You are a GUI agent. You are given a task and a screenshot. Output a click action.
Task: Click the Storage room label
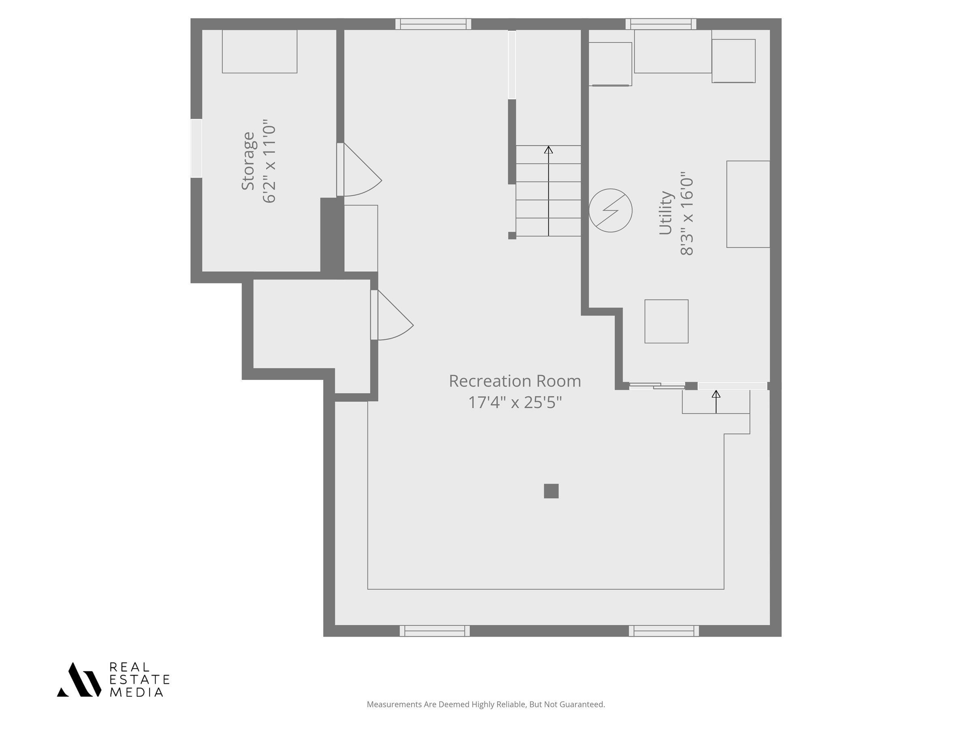click(x=248, y=161)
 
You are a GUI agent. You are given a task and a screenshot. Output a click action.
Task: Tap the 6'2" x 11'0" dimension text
click(x=269, y=161)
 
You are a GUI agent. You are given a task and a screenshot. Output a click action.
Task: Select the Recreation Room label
click(x=515, y=381)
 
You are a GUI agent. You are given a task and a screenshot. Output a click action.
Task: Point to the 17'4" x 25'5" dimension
click(x=515, y=403)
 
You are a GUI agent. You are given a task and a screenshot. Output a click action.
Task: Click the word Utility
click(x=666, y=213)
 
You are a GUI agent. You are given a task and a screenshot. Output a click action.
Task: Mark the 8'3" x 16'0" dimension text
click(x=686, y=213)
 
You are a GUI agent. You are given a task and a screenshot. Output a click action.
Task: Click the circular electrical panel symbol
click(x=610, y=211)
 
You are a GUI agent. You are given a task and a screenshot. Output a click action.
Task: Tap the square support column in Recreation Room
click(x=551, y=491)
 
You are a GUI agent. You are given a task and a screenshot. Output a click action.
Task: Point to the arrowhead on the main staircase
click(x=548, y=150)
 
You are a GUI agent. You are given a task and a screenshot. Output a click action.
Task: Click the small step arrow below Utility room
click(x=716, y=402)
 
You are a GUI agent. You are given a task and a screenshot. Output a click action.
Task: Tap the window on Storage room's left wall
click(x=196, y=148)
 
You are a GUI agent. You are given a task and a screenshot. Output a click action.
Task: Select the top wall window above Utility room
click(x=661, y=24)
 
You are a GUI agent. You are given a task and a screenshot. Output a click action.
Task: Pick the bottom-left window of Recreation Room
click(x=435, y=631)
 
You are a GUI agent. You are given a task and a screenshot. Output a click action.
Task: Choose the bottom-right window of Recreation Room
click(x=663, y=631)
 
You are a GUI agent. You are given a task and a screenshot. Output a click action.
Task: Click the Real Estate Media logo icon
click(x=79, y=679)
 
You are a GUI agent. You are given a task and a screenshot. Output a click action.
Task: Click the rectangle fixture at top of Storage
click(x=260, y=51)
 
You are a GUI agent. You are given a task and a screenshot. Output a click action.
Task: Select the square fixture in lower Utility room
click(x=666, y=321)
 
